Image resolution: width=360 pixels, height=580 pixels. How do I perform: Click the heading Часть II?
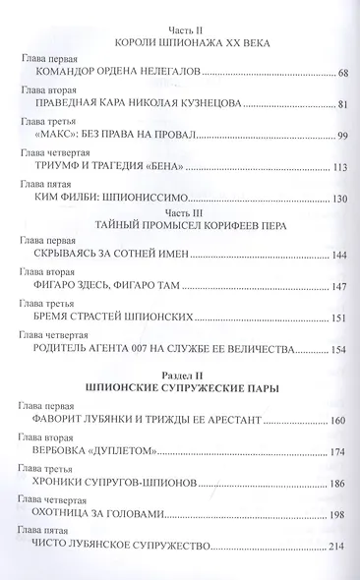click(x=183, y=29)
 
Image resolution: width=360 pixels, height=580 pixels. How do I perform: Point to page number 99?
click(x=343, y=135)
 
